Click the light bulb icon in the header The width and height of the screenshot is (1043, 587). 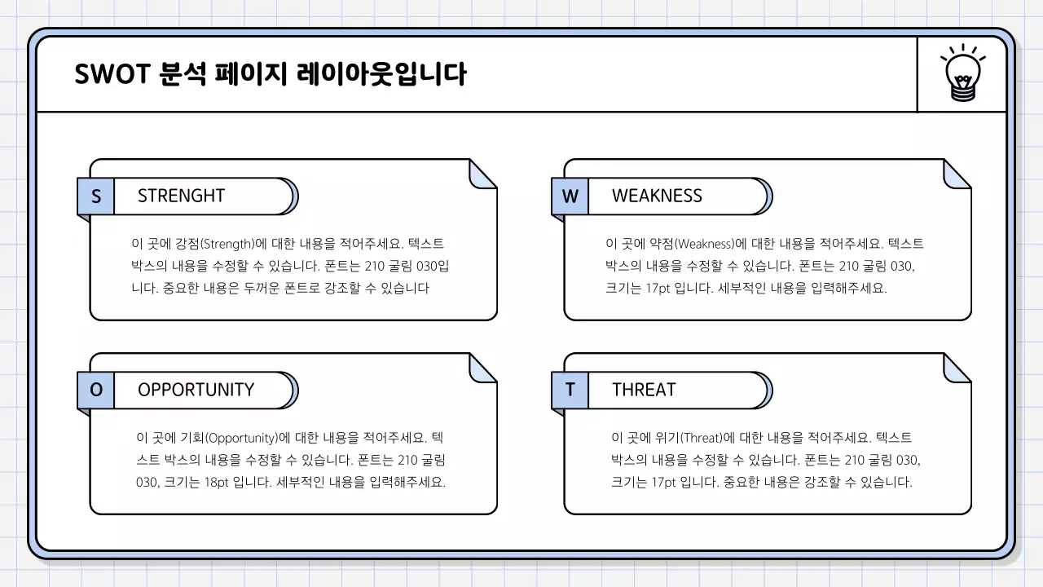[962, 74]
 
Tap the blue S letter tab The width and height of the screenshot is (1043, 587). [96, 196]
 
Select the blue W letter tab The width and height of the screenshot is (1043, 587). [570, 196]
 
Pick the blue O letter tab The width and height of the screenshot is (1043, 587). [96, 391]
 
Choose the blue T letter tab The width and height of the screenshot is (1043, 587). [570, 391]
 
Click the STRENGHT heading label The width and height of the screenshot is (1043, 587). [181, 196]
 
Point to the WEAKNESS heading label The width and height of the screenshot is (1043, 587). [657, 196]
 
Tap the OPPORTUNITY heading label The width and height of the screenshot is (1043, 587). [196, 391]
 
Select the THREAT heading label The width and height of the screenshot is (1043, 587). [644, 391]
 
